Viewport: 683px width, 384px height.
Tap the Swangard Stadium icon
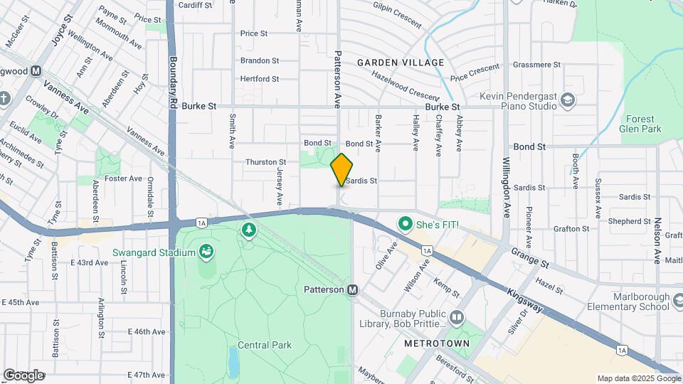206,252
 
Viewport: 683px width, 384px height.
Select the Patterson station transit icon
352,290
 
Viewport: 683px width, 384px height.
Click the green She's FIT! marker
406,225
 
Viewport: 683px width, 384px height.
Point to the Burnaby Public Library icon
457,317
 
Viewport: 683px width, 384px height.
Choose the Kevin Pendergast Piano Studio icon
567,100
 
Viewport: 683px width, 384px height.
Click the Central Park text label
265,346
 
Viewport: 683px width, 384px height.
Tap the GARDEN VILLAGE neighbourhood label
401,63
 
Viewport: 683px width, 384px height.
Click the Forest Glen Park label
643,124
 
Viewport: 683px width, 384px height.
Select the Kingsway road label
525,301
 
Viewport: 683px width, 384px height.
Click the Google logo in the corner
23,375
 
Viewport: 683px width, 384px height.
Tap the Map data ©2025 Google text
638,378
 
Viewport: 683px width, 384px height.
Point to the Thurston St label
265,163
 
